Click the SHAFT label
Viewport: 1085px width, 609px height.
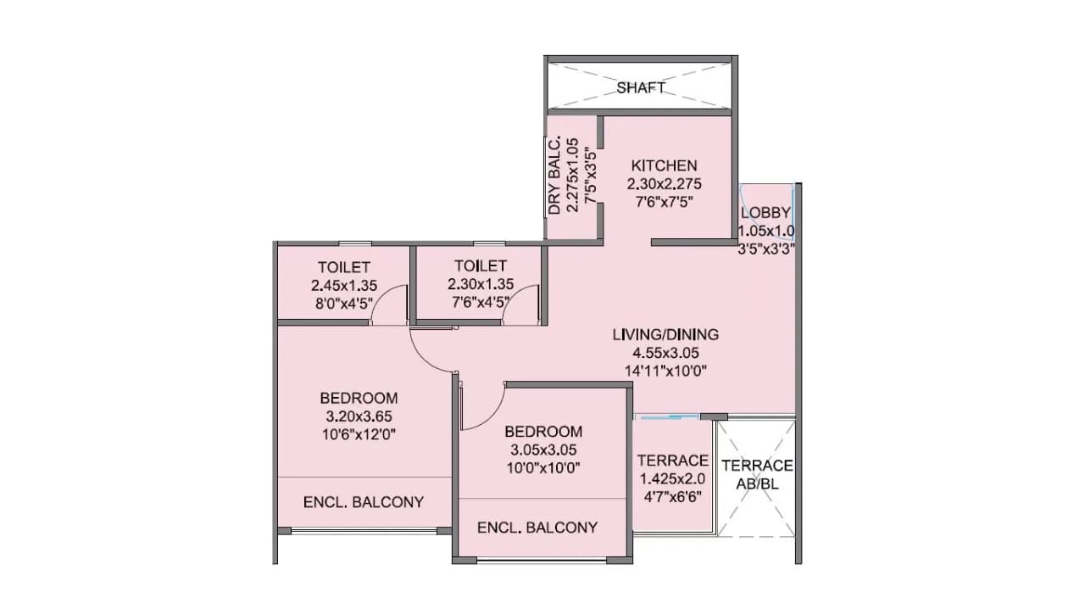[641, 87]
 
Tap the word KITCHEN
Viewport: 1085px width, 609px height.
[664, 165]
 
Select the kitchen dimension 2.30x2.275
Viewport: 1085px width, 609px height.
[664, 183]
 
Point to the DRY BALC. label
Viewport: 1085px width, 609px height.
[555, 176]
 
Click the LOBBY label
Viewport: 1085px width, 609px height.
[765, 212]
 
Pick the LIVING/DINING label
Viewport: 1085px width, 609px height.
[665, 334]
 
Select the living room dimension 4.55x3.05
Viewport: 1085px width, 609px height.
[665, 352]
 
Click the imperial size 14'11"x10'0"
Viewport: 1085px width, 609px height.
[665, 370]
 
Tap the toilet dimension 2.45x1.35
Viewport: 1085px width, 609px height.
[343, 284]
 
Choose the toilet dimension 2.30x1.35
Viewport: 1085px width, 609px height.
[480, 284]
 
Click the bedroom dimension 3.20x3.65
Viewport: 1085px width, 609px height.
[359, 416]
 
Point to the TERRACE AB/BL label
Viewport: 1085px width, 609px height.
[757, 474]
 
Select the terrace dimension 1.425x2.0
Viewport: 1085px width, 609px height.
[672, 478]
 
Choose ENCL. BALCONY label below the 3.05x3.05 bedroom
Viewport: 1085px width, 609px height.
[537, 528]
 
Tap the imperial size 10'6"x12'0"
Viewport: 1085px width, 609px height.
[359, 434]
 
